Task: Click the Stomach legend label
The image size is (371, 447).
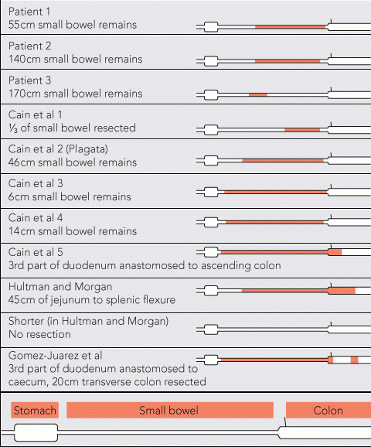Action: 35,410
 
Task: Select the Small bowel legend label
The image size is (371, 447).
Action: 170,410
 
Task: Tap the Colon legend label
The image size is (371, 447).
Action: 328,410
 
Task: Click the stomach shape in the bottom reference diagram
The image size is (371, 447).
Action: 36,432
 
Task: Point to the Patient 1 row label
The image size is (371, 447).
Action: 29,12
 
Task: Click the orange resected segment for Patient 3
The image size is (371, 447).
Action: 258,94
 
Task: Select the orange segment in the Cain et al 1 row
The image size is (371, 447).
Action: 302,130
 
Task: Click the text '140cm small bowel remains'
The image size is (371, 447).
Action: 76,60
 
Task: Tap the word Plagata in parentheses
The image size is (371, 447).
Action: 87,149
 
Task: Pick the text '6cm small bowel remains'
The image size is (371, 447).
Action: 70,196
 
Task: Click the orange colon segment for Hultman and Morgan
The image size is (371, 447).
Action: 342,291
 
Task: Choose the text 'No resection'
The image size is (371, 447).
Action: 39,334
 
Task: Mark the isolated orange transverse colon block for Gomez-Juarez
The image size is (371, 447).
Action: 355,360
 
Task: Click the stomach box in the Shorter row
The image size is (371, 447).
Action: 211,329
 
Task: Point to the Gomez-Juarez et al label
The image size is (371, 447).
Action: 56,356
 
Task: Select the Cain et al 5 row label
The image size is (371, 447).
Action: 36,252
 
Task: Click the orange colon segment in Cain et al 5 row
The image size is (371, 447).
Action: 335,252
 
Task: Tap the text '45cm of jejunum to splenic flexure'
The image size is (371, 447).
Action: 92,300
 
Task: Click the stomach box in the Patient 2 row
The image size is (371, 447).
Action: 211,61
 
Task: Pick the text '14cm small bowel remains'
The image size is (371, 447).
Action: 73,231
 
